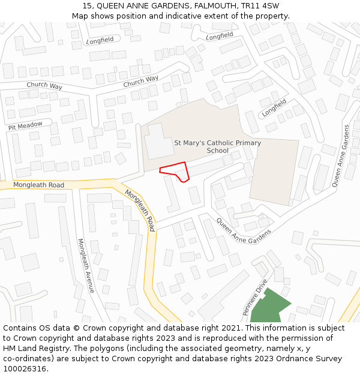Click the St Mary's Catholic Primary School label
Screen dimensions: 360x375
(217, 146)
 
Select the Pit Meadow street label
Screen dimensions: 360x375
(25, 126)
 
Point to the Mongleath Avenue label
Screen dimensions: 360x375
(86, 265)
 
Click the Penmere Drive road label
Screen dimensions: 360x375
(254, 298)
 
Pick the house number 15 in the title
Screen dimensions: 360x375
(86, 6)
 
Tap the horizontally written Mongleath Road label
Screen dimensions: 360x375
(38, 185)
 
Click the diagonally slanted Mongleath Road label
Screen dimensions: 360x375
(140, 210)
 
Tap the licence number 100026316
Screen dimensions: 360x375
(24, 368)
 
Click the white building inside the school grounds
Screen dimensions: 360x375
(158, 141)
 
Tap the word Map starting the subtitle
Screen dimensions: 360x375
(80, 16)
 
